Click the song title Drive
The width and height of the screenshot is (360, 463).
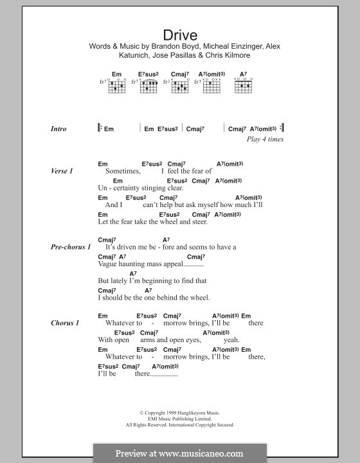pos(179,35)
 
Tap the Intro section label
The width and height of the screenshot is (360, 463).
pos(59,129)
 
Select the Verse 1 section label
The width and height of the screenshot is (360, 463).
pos(62,172)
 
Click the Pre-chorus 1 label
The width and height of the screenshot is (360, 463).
pos(71,247)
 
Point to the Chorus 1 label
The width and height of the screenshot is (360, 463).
pos(65,323)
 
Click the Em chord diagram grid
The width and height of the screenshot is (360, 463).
pos(116,86)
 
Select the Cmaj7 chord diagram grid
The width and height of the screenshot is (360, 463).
pos(180,86)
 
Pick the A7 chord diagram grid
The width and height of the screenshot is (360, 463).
pos(244,86)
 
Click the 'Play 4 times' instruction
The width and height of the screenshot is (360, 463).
pos(265,139)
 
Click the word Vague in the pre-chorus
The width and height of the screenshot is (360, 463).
pos(108,264)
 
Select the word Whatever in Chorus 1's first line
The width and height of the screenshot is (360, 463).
pos(124,323)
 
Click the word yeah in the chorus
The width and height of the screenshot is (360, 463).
pos(231,340)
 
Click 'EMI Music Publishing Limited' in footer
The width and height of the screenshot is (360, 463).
pos(179,419)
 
